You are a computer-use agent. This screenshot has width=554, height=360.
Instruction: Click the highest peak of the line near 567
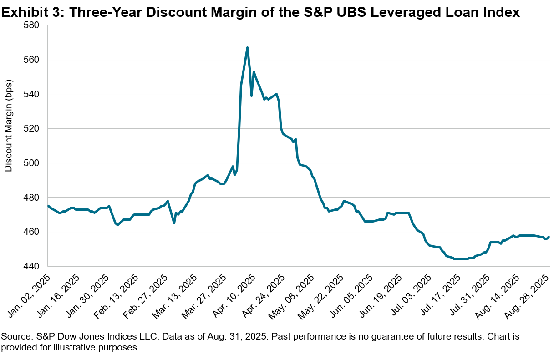pos(247,47)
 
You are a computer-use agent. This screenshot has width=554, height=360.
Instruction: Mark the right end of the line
pos(549,237)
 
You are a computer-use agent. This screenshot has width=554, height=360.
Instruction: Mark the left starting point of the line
pos(48,206)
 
